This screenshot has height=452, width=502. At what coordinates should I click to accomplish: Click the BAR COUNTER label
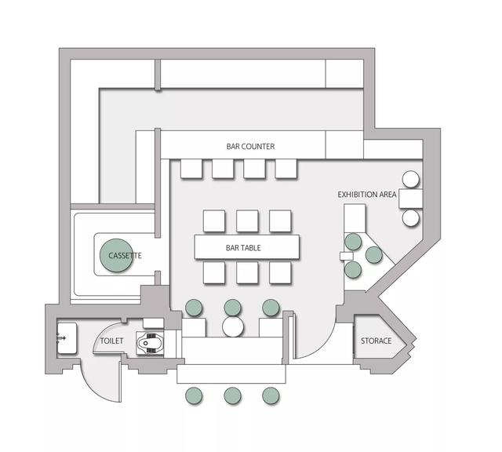point(250,147)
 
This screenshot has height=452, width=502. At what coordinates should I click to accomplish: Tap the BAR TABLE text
point(243,248)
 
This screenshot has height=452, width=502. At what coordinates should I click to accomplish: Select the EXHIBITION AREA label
point(367,195)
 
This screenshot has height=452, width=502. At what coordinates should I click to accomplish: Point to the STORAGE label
point(376,341)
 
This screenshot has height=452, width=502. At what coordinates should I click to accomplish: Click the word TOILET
point(111,341)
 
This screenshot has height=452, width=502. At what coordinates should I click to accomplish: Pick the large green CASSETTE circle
point(116,255)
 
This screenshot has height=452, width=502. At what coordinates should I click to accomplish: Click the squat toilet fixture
point(150,343)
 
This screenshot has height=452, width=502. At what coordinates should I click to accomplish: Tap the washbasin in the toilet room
point(67,338)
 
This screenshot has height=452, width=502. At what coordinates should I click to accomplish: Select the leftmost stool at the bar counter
point(191,169)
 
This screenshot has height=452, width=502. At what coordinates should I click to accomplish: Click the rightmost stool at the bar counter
point(286,169)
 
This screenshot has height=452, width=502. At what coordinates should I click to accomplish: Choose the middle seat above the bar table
point(247,221)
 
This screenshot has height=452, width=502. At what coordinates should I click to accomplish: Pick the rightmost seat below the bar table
point(280,272)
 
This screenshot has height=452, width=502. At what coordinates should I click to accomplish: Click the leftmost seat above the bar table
point(214,221)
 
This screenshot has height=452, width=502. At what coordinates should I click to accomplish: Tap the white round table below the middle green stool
point(233,326)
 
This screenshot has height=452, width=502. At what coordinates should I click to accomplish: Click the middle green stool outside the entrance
point(232,395)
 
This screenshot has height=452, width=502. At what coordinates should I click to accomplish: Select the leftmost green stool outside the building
point(194,395)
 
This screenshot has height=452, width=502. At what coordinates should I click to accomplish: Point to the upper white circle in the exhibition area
point(411,179)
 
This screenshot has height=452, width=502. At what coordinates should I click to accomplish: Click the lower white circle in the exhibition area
point(411,218)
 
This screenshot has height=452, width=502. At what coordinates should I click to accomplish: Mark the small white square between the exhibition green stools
point(347,256)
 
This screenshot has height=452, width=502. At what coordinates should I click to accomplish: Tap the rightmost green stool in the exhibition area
point(373,255)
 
